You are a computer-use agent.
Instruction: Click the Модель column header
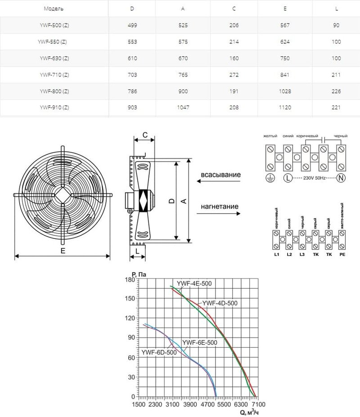(54, 9)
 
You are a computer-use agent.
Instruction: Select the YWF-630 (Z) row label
(54, 58)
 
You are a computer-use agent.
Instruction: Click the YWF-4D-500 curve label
(220, 303)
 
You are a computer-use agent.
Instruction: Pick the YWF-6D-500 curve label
(159, 352)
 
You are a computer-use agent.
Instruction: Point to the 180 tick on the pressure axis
(130, 279)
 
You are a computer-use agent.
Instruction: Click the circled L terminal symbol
(287, 179)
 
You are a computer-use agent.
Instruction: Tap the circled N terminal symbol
(341, 179)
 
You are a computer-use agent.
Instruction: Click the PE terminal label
(342, 255)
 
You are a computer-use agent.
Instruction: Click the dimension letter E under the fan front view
(63, 251)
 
